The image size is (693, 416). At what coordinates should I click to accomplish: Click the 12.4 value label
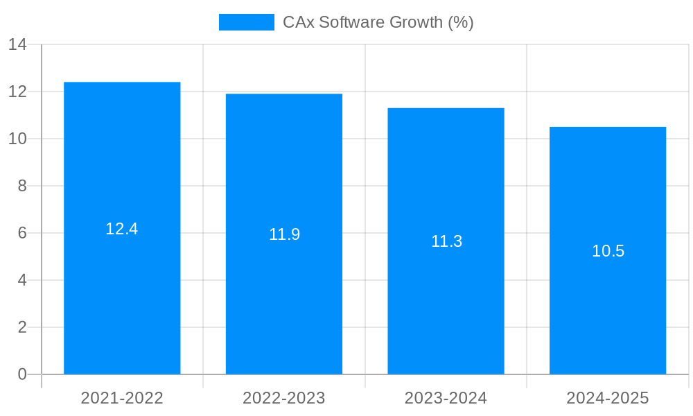coord(122,229)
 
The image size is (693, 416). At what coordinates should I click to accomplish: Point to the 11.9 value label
coord(284,234)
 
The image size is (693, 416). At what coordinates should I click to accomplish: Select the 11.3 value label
coord(446,241)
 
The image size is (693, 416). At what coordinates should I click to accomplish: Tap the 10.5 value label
coord(608,251)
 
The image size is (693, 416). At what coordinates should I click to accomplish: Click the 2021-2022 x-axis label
coord(122,398)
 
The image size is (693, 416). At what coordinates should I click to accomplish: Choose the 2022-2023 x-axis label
coord(284,398)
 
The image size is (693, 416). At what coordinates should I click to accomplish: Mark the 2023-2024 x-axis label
coord(446,398)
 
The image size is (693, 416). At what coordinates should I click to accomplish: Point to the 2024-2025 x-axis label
coord(608,398)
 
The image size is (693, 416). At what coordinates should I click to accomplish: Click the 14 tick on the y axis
coord(17,44)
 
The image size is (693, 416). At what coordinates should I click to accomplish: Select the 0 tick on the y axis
coord(22,374)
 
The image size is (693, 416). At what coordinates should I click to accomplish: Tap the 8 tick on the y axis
coord(22,186)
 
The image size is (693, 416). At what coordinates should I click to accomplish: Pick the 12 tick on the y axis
coord(17,92)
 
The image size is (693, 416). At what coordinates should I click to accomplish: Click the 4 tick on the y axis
coord(22,280)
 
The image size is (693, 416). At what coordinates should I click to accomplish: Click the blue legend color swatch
coord(247,22)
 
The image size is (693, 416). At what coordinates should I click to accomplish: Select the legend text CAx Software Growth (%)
coord(378,22)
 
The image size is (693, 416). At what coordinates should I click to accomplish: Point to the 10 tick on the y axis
coord(17,139)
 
